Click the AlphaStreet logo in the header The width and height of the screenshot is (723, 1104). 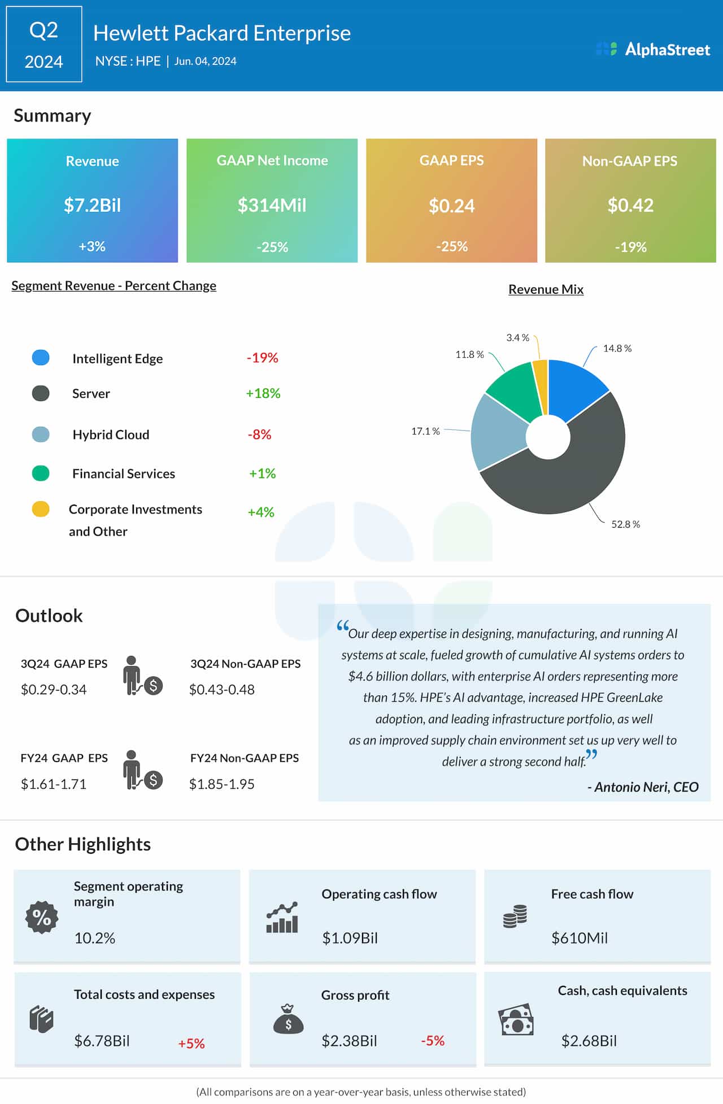pyautogui.click(x=654, y=50)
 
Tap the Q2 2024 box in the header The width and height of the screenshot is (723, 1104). pyautogui.click(x=44, y=45)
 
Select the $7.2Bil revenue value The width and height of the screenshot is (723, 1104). pyautogui.click(x=92, y=205)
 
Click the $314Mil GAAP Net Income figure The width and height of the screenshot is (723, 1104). pyautogui.click(x=272, y=205)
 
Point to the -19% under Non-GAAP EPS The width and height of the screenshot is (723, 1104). pyautogui.click(x=630, y=247)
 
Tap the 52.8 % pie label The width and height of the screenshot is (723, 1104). pyautogui.click(x=625, y=524)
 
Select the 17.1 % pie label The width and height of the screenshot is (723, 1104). pyautogui.click(x=425, y=431)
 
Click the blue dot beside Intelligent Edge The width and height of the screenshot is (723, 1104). pyautogui.click(x=41, y=358)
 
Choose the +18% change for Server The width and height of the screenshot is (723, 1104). pyautogui.click(x=263, y=393)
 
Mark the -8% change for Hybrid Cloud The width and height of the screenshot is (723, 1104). pyautogui.click(x=259, y=434)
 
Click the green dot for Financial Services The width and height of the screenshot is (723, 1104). pyautogui.click(x=41, y=473)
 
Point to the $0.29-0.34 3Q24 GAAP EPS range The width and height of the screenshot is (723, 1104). pyautogui.click(x=54, y=690)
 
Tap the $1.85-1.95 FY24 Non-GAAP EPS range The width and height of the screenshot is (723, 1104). pyautogui.click(x=221, y=784)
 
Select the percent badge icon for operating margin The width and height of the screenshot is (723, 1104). pyautogui.click(x=42, y=917)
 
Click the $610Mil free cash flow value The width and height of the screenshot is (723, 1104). pyautogui.click(x=580, y=938)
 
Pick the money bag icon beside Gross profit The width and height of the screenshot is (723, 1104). pyautogui.click(x=288, y=1019)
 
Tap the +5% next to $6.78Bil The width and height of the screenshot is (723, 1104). pyautogui.click(x=191, y=1044)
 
